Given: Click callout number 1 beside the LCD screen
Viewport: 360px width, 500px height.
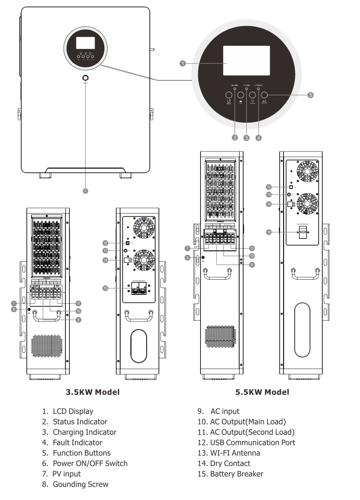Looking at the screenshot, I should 182,63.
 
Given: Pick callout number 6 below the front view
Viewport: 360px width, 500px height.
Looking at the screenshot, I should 85,191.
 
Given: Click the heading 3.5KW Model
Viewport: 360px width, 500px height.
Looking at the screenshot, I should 92,392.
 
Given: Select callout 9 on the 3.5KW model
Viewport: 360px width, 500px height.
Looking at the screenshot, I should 78,320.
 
